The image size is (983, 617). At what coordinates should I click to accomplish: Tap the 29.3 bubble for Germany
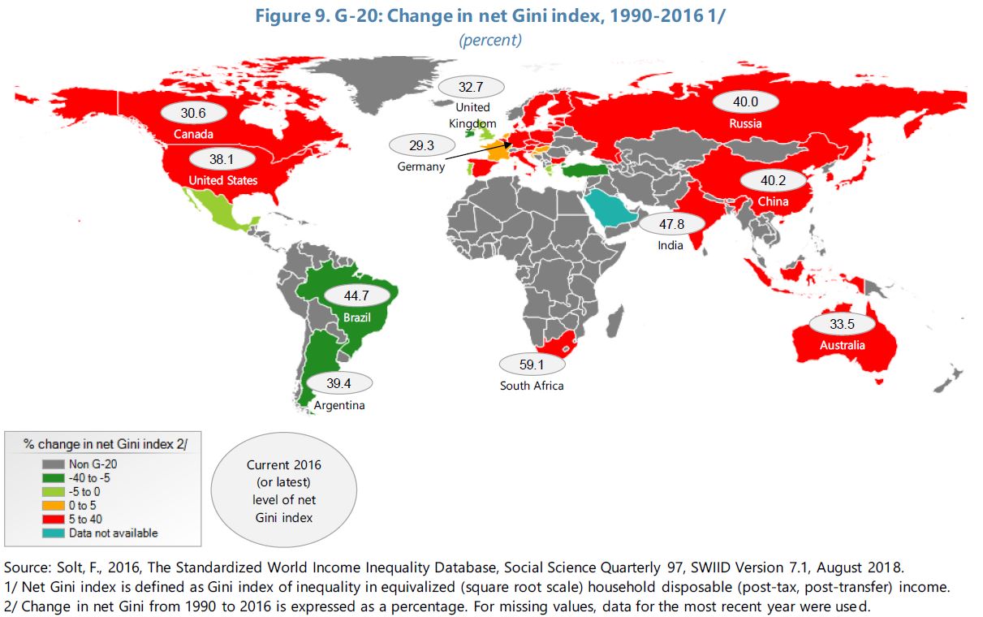pos(422,146)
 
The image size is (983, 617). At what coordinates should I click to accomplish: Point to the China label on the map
pos(773,201)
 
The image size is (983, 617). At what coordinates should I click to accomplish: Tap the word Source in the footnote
pos(24,565)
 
